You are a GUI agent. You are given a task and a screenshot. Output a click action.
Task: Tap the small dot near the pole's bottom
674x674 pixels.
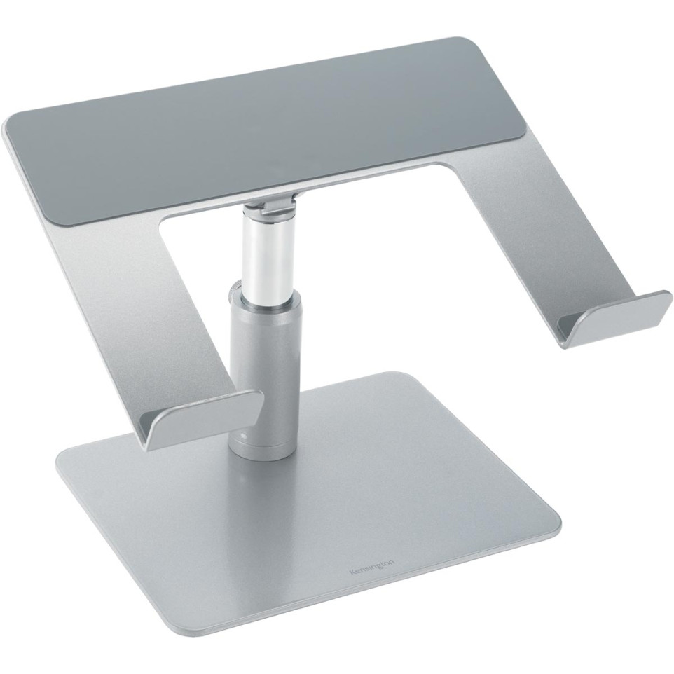(x=242, y=439)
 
